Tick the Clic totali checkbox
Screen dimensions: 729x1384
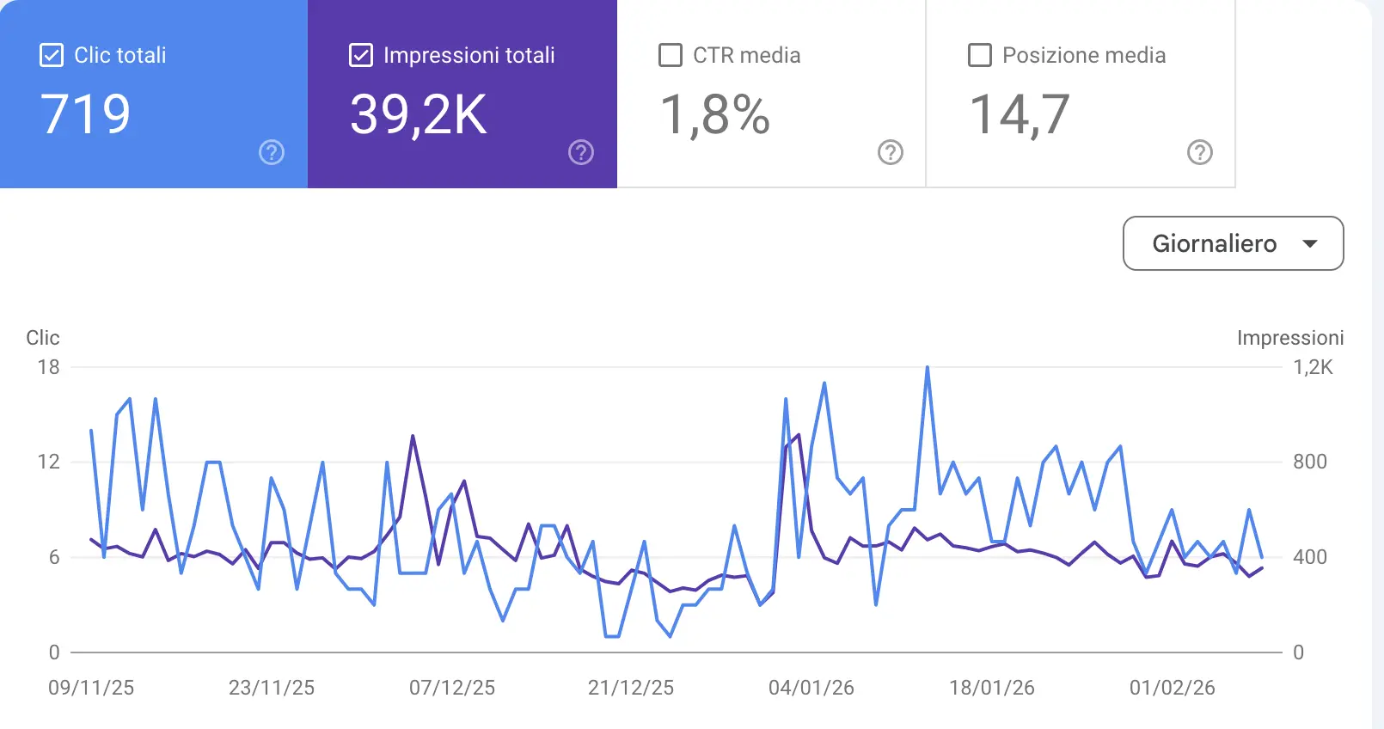(x=52, y=55)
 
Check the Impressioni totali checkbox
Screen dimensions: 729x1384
(x=361, y=55)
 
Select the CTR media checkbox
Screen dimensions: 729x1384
(x=670, y=55)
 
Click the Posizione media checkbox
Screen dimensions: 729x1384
(x=979, y=55)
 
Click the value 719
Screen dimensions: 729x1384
(x=85, y=114)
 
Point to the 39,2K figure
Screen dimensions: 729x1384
(x=418, y=114)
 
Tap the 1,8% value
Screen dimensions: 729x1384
(x=714, y=114)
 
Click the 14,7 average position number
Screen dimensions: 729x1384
(x=1020, y=114)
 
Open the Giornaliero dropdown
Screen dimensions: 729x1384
(x=1233, y=243)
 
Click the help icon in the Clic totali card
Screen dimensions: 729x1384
(x=272, y=152)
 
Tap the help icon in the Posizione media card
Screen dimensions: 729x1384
(x=1199, y=152)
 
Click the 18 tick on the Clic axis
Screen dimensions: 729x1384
(x=48, y=367)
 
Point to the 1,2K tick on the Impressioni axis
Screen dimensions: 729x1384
(x=1313, y=367)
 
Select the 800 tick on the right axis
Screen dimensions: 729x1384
(x=1310, y=462)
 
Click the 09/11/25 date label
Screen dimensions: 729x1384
(x=91, y=688)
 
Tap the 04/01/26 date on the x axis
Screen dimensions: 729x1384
(x=811, y=688)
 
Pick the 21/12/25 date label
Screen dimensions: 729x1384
(x=631, y=688)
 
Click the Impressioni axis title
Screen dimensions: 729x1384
(x=1289, y=338)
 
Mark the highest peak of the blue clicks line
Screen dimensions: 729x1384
(x=928, y=368)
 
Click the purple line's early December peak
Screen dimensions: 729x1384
(x=413, y=437)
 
